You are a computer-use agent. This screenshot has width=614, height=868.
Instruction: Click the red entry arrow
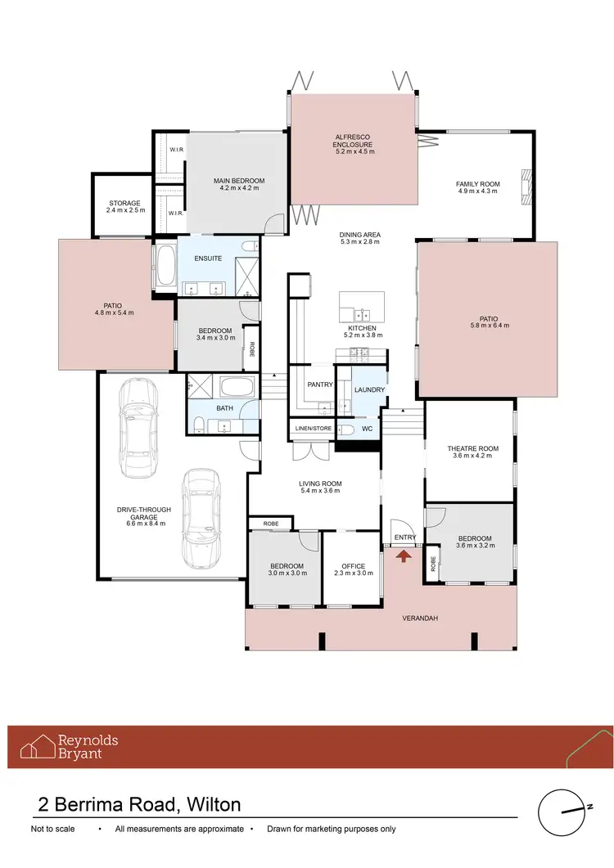(403, 555)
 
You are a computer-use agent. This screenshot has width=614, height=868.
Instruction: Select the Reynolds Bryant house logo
(38, 747)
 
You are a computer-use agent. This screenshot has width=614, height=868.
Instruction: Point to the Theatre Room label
(472, 448)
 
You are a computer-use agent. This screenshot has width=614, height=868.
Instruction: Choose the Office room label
(354, 566)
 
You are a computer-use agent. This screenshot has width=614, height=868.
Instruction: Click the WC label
(368, 428)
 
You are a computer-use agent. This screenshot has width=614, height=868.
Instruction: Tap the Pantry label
(318, 384)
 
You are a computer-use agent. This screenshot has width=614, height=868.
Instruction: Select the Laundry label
(368, 389)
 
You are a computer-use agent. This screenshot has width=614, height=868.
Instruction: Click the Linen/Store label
(310, 428)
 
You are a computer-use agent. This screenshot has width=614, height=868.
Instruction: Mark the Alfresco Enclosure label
(354, 140)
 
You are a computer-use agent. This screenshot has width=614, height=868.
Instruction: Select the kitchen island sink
(361, 313)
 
